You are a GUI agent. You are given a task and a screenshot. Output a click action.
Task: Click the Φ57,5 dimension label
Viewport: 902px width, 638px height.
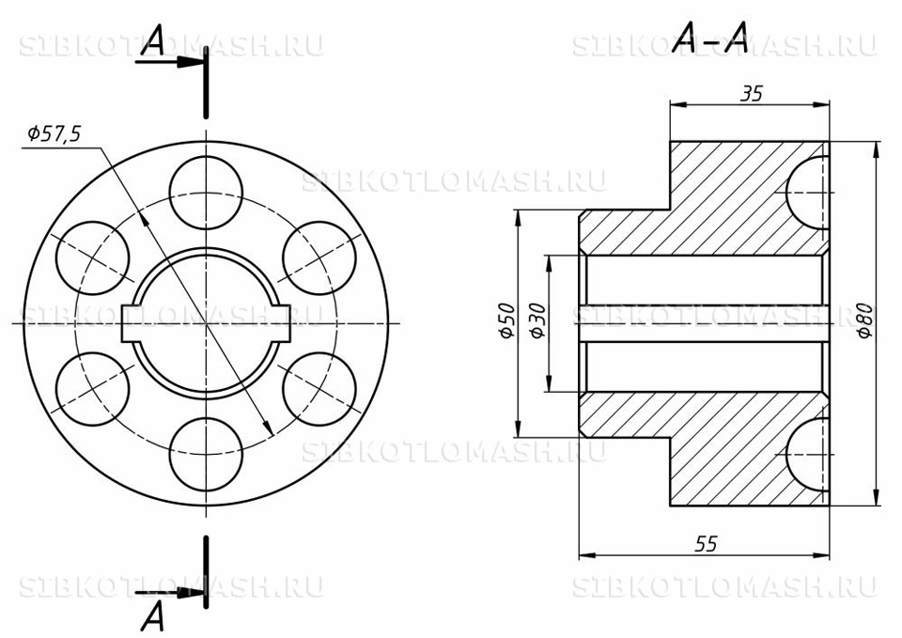pyautogui.click(x=54, y=134)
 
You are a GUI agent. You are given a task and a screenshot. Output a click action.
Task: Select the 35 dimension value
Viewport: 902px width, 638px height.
pyautogui.click(x=751, y=94)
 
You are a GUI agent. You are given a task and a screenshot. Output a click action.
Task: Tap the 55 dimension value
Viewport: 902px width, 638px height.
pyautogui.click(x=707, y=543)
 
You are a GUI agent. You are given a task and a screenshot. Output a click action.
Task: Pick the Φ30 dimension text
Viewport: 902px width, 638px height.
pyautogui.click(x=537, y=321)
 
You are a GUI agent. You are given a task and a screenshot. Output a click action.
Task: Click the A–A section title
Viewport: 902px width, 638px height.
pyautogui.click(x=710, y=38)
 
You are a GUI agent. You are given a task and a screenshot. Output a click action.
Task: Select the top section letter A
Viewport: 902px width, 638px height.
pyautogui.click(x=153, y=40)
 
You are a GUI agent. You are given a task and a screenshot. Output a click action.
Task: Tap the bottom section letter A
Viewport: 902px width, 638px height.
pyautogui.click(x=153, y=615)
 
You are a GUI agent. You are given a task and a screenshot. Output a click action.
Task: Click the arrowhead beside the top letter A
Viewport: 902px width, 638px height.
pyautogui.click(x=189, y=62)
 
